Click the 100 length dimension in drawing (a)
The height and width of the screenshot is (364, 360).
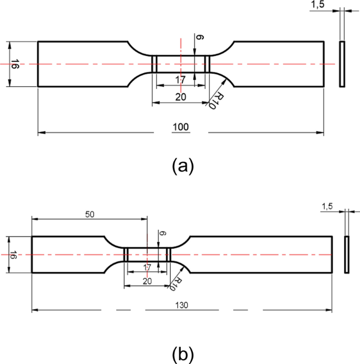pyautogui.click(x=180, y=127)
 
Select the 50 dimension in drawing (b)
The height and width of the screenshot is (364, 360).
pyautogui.click(x=89, y=215)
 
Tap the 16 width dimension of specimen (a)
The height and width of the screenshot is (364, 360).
pyautogui.click(x=16, y=64)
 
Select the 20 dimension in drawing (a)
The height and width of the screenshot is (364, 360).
pyautogui.click(x=180, y=97)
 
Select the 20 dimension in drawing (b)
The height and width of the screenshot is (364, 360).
pyautogui.click(x=148, y=281)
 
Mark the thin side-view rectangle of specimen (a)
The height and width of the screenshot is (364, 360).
pyautogui.click(x=342, y=64)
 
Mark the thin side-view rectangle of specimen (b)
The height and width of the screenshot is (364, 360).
pyautogui.click(x=347, y=255)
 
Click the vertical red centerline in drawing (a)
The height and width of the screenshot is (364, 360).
pyautogui.click(x=180, y=53)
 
